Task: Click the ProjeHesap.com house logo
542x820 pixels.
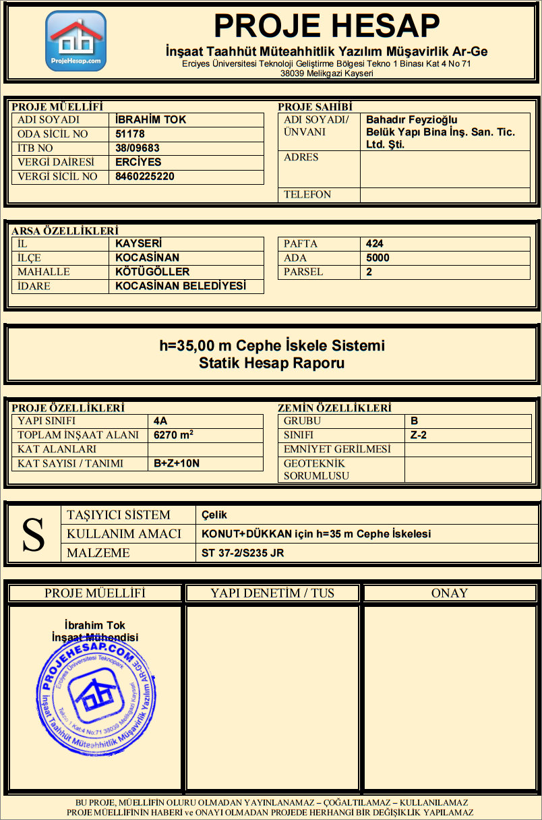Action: click(x=76, y=40)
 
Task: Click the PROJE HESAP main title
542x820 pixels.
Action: click(x=326, y=26)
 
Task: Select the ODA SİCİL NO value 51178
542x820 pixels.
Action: click(x=130, y=134)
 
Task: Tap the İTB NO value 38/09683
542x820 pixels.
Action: click(x=138, y=148)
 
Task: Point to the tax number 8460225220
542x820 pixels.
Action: click(x=145, y=177)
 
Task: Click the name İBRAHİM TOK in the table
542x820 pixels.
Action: click(x=151, y=120)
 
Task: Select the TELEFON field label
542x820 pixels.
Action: click(x=307, y=195)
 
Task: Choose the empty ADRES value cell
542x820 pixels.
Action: click(x=445, y=169)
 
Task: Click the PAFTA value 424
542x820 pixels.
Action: click(x=375, y=244)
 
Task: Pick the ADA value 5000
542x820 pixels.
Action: click(x=378, y=258)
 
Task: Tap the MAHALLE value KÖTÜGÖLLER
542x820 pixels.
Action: click(x=152, y=272)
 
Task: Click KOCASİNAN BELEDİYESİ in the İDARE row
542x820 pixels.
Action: click(x=181, y=287)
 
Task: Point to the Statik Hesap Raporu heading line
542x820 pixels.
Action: click(x=272, y=363)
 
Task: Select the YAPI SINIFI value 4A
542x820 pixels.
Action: click(x=160, y=421)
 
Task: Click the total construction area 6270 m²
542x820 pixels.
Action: click(x=174, y=435)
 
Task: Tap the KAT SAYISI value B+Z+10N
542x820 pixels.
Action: click(x=177, y=464)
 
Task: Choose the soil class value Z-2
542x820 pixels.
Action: click(x=418, y=436)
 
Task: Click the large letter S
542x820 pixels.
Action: click(x=34, y=534)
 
